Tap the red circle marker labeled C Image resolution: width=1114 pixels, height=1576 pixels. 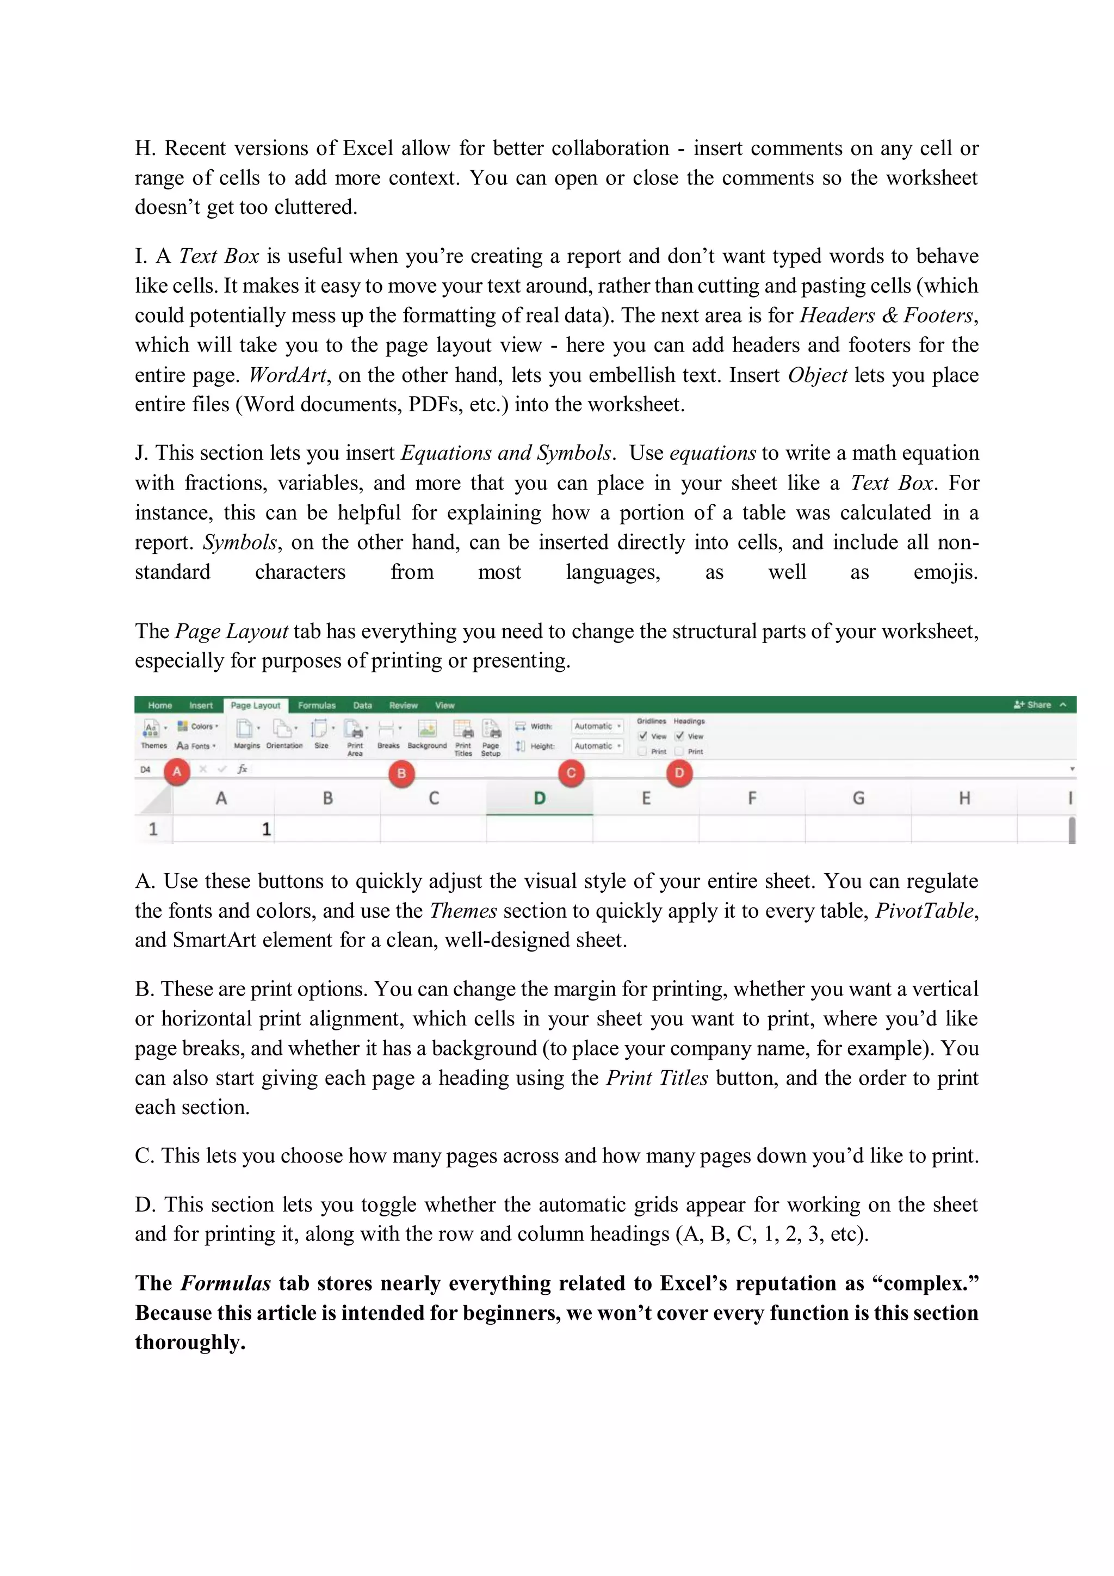[x=571, y=773]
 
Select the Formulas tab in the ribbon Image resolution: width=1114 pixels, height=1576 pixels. [x=317, y=705]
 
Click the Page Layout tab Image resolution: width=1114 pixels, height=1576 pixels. [x=255, y=705]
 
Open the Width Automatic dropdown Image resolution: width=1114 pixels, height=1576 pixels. [x=597, y=726]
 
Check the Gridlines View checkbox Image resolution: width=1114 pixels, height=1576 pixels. [x=643, y=736]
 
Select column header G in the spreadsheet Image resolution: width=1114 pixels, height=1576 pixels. [x=858, y=798]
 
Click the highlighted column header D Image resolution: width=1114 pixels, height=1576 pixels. [x=540, y=798]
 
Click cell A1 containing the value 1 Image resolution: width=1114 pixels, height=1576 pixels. [x=222, y=829]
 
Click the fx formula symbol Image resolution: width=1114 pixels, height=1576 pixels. [x=242, y=769]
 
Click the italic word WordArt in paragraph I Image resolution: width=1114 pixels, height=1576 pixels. [x=287, y=375]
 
